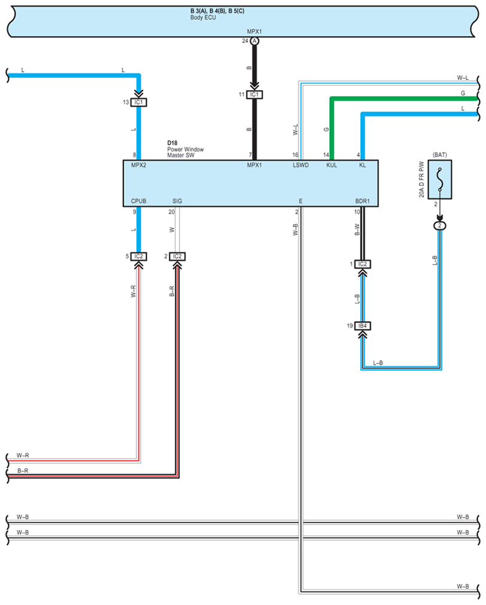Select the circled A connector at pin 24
click(x=254, y=41)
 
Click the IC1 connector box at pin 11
click(x=254, y=94)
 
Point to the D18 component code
click(x=172, y=143)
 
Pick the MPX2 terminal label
click(x=139, y=165)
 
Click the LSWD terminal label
click(x=301, y=165)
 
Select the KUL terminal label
click(x=332, y=165)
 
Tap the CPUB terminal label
click(x=139, y=201)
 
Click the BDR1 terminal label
click(x=362, y=201)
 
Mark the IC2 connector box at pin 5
click(x=139, y=256)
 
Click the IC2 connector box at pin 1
click(x=362, y=264)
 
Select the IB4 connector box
click(x=362, y=326)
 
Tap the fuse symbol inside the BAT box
click(x=440, y=179)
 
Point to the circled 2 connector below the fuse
click(x=440, y=226)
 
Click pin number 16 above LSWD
click(x=296, y=154)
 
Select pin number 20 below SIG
click(x=171, y=212)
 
